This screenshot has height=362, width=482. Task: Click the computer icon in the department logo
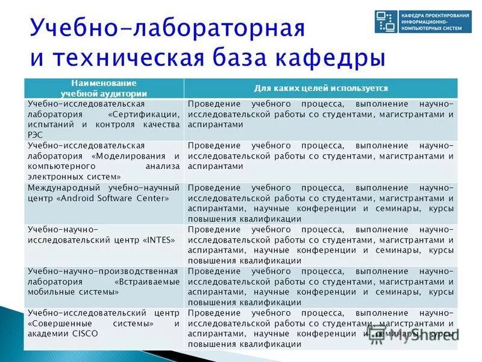(x=384, y=21)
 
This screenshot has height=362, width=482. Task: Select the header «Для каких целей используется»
(x=321, y=88)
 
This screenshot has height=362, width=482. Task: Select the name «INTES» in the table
(x=160, y=240)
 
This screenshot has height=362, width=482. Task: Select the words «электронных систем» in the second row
(x=72, y=177)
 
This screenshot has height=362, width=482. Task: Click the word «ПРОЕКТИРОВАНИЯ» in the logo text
(x=445, y=14)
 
